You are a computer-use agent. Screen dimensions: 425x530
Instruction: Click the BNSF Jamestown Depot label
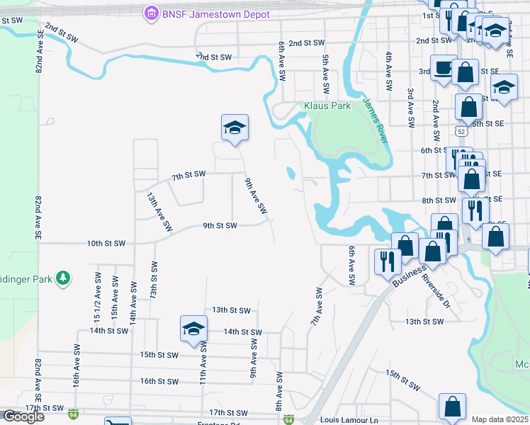tap(200, 13)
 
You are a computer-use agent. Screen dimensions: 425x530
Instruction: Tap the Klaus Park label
tap(327, 106)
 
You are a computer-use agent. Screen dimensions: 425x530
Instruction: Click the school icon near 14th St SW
tap(193, 329)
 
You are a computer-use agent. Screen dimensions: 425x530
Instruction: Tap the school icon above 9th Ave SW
tap(235, 127)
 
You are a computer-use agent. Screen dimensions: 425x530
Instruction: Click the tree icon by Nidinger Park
tap(64, 278)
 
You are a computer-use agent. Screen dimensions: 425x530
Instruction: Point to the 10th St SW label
tap(106, 243)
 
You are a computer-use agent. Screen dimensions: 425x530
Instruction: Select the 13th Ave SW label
tap(159, 211)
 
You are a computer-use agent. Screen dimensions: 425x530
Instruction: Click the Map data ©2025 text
tap(500, 419)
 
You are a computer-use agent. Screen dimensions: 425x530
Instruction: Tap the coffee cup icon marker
tap(444, 69)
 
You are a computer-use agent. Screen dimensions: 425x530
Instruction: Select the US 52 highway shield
tap(461, 132)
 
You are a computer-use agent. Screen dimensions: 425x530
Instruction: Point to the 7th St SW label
tap(188, 174)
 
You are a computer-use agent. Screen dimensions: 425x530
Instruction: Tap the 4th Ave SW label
tap(389, 70)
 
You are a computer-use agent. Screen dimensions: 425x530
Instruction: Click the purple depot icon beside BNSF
tap(150, 13)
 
